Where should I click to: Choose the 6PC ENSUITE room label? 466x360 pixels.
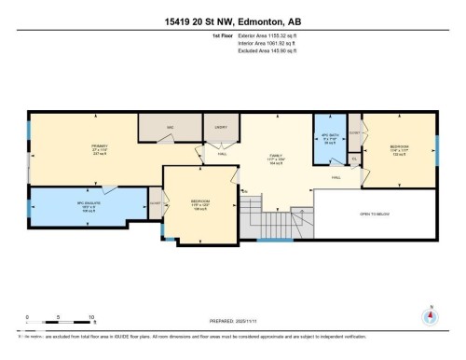[x=88, y=203]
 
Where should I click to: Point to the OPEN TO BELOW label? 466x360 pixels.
[x=373, y=214]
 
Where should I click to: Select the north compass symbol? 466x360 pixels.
[x=430, y=315]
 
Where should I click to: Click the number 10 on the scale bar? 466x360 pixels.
[x=92, y=318]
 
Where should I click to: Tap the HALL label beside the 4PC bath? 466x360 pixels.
[x=335, y=177]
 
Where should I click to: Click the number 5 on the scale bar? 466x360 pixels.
[x=60, y=318]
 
